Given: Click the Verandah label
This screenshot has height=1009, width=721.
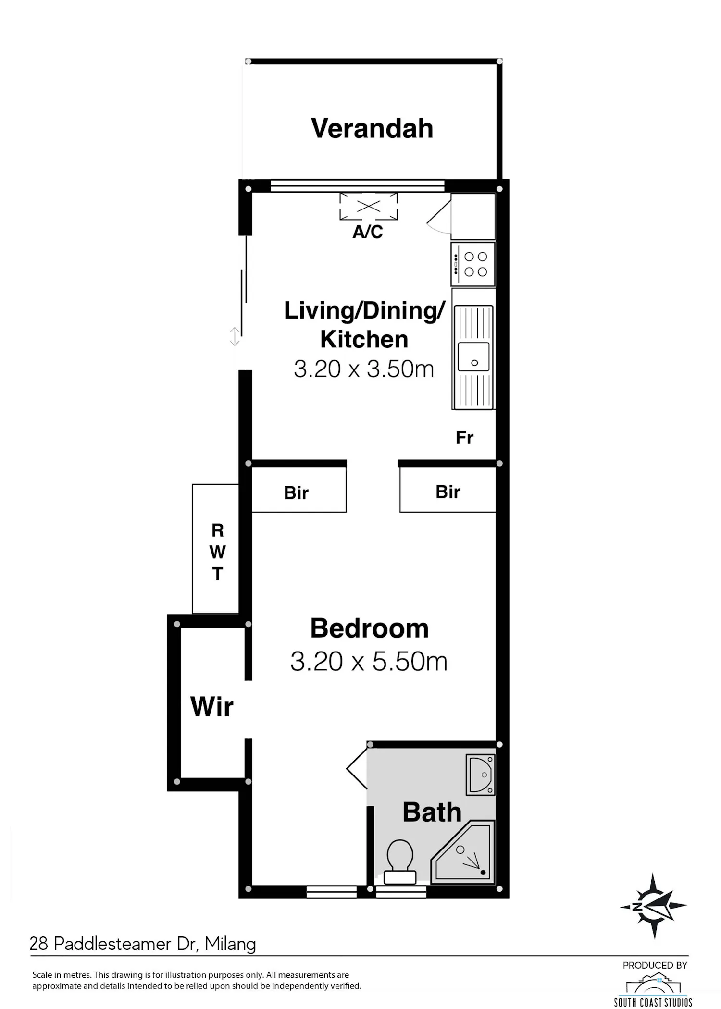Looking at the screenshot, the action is (x=372, y=129).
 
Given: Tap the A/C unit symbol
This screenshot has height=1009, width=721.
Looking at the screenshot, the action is (x=369, y=207).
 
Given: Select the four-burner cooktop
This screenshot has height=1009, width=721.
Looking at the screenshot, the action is (x=473, y=265).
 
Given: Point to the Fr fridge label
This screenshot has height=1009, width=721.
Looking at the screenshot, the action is (x=464, y=438).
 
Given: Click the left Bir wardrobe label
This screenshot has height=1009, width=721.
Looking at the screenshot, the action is (x=296, y=493).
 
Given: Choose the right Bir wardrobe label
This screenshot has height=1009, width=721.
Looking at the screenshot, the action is (x=448, y=492).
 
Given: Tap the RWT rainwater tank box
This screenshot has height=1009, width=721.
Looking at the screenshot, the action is (x=215, y=549).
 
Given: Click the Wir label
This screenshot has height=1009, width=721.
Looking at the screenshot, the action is (x=212, y=707).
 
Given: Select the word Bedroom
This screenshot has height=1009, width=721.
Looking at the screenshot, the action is (x=369, y=628).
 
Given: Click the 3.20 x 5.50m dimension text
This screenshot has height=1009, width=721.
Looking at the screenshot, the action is (x=369, y=662).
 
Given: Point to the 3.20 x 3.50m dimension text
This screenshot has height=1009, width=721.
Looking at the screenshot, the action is (x=364, y=369).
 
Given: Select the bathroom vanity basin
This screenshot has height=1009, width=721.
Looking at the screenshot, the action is (x=481, y=774).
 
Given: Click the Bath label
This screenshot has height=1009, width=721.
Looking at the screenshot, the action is (x=432, y=812).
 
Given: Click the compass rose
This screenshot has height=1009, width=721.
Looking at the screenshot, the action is (x=654, y=906).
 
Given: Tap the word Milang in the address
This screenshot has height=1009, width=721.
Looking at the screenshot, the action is (x=230, y=944).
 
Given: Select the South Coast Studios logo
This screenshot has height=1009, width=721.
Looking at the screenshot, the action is (x=653, y=989).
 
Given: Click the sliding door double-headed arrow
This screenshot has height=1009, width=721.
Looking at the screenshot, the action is (x=235, y=336).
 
